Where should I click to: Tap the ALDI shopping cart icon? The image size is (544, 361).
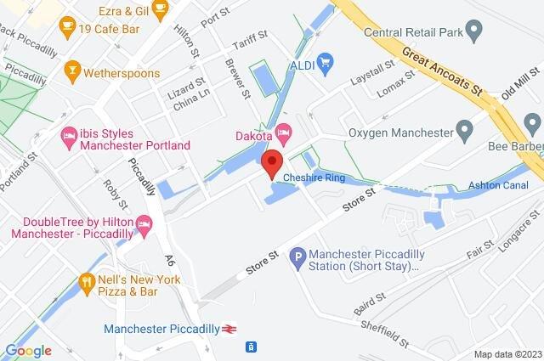[324, 63]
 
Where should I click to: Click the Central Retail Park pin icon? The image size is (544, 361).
[476, 31]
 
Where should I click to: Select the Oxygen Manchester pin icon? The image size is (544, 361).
[464, 132]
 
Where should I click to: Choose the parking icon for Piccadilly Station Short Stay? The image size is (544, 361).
[297, 254]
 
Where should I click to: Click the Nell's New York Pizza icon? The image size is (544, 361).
[86, 281]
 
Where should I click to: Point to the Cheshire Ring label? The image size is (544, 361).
[311, 178]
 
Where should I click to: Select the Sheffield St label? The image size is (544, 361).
[382, 332]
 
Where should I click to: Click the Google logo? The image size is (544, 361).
[27, 350]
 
